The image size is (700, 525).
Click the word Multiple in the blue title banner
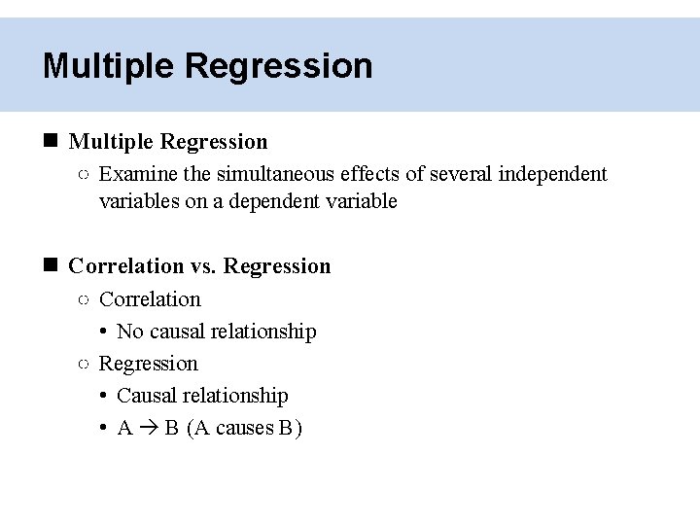(108, 66)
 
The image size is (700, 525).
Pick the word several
(461, 175)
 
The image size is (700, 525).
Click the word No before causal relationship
(129, 332)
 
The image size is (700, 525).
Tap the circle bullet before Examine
(84, 176)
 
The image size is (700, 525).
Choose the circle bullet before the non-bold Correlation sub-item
(84, 300)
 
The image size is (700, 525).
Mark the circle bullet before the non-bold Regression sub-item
(84, 365)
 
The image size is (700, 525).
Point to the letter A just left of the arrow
(124, 429)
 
